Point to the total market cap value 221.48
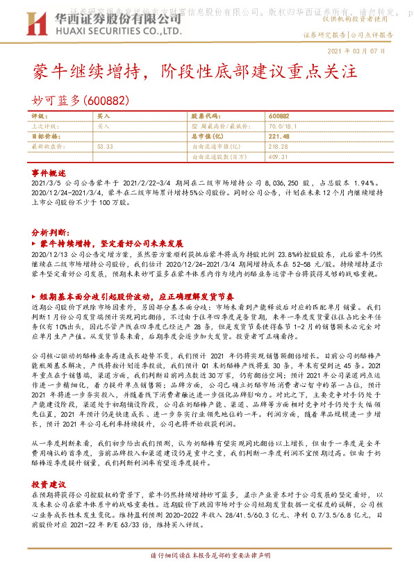pyautogui.click(x=278, y=137)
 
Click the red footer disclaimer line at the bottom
pyautogui.click(x=206, y=576)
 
